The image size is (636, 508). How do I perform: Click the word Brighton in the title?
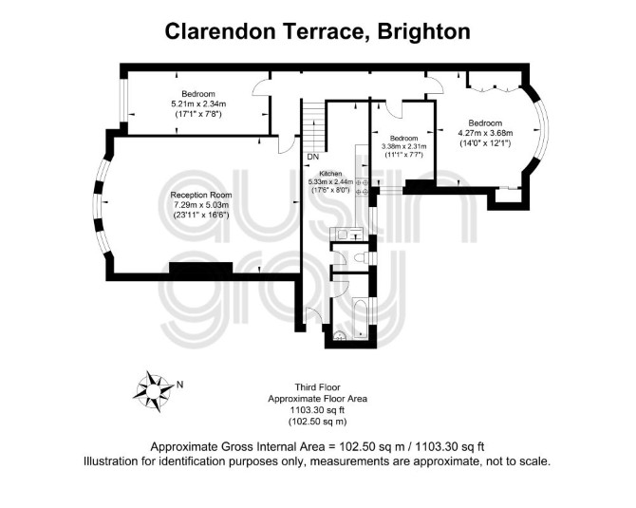click(x=424, y=31)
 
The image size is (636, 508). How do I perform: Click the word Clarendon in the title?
click(x=220, y=31)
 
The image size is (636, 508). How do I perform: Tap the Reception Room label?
click(x=201, y=195)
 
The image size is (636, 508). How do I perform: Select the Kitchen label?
click(x=330, y=173)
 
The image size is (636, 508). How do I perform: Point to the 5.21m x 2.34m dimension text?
click(x=198, y=103)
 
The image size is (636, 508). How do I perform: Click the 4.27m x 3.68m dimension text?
click(x=485, y=133)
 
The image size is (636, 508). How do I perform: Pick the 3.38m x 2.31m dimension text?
click(x=404, y=146)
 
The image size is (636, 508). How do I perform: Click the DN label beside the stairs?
click(x=312, y=157)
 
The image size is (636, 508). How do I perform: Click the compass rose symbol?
click(x=153, y=391)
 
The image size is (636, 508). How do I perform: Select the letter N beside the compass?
click(x=179, y=385)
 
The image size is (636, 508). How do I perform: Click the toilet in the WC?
click(x=362, y=257)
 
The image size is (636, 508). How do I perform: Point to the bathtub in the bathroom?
click(x=360, y=318)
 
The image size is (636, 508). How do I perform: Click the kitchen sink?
click(x=343, y=235)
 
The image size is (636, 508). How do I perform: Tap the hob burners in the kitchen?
click(x=362, y=187)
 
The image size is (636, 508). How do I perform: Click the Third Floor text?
click(x=318, y=387)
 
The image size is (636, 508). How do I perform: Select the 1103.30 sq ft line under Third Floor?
click(x=318, y=410)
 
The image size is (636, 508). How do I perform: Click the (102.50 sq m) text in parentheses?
click(x=318, y=422)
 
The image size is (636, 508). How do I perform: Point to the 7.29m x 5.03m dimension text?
click(x=201, y=204)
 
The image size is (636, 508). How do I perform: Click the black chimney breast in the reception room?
click(x=201, y=268)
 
